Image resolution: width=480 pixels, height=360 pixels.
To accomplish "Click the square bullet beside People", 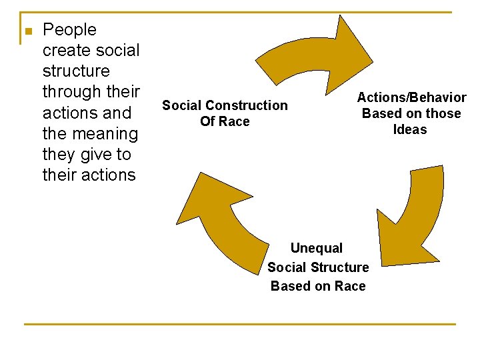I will click(x=27, y=32).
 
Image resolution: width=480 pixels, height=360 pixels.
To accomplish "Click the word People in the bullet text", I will click(x=69, y=30).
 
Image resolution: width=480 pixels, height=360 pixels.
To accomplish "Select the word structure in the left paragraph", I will click(x=76, y=71).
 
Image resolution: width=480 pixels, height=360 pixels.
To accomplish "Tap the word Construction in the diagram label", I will click(x=246, y=105).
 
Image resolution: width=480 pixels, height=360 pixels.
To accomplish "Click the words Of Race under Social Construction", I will click(x=225, y=121).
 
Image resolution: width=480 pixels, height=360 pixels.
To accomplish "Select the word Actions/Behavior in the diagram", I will click(x=411, y=97).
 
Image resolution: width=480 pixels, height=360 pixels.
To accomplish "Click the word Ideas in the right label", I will click(x=410, y=129).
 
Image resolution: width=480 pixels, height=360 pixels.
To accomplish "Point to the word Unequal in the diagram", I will click(x=317, y=248).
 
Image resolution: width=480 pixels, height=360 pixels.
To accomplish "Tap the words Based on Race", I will click(x=318, y=286).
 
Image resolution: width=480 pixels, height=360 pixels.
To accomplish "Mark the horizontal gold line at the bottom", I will click(x=239, y=325).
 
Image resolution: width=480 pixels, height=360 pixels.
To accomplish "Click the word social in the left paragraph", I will click(x=117, y=51).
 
